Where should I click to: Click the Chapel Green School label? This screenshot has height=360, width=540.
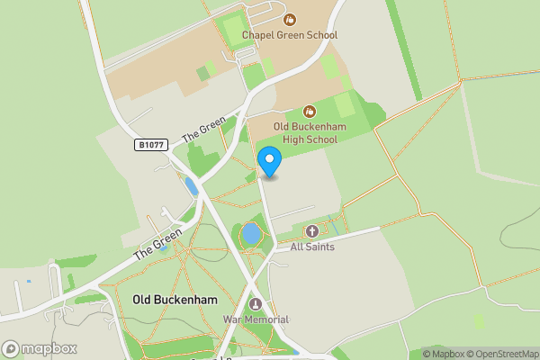point(289,35)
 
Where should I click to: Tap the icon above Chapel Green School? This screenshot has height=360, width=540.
point(290,19)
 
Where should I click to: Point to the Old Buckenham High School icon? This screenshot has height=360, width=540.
point(308,112)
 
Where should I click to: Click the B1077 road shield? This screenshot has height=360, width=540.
point(152,144)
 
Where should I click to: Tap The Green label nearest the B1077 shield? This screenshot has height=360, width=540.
point(204,130)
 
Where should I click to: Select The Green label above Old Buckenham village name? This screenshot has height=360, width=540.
point(157,243)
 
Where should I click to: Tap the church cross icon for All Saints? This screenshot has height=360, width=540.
point(312,231)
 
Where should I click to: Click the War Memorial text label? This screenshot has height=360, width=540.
point(256,319)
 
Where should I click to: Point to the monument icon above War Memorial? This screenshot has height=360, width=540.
point(256,304)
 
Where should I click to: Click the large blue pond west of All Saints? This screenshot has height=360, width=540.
point(251,235)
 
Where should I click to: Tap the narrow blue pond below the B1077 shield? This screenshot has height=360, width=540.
point(191,186)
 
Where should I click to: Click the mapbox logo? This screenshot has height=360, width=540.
point(39,348)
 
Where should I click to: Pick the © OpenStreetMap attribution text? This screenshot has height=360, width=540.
point(503,353)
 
